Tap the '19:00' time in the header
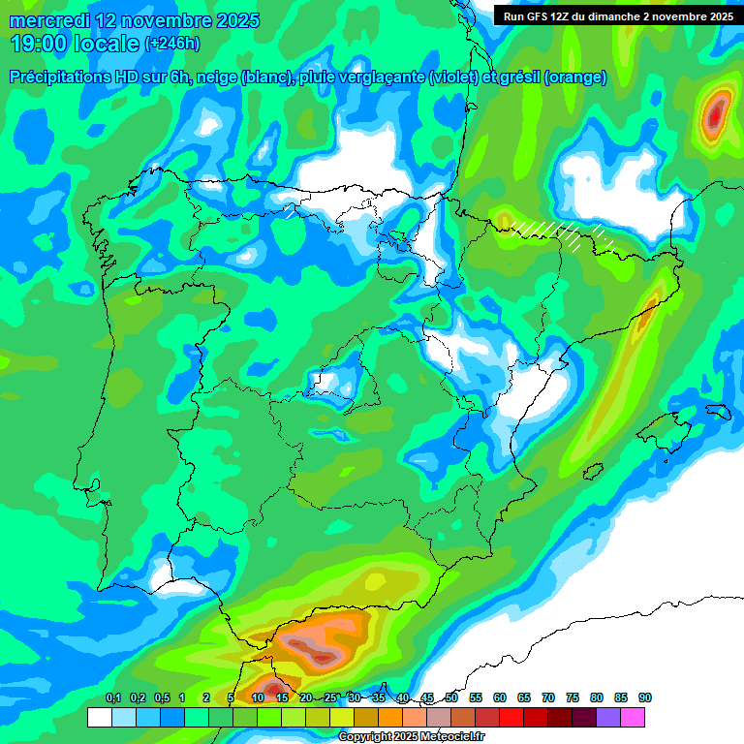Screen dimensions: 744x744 38,44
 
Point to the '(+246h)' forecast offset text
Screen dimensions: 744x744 171,44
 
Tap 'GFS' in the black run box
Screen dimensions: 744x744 546,16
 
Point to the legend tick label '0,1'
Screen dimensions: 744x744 112,698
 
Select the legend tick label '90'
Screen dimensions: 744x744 645,698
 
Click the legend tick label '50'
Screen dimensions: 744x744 451,698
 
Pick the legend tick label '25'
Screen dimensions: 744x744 330,698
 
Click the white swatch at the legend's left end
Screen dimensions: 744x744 99,717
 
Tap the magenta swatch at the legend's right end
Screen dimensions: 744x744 633,717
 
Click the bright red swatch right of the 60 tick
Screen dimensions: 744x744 511,717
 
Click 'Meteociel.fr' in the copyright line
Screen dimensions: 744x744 445,737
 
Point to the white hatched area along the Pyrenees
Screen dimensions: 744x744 547,230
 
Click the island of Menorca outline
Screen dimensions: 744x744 718,411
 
